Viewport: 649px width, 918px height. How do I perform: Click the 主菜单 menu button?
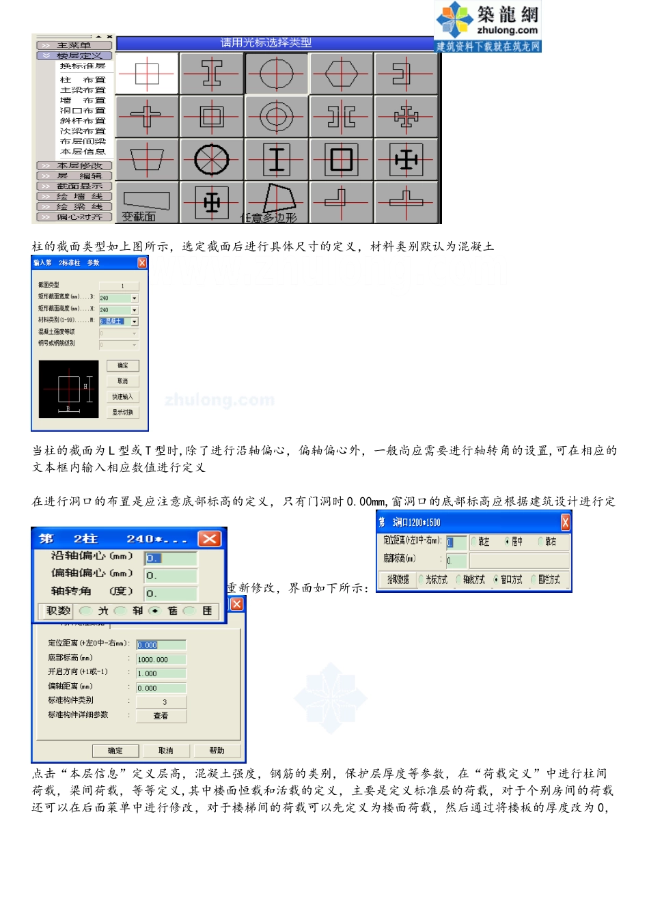pyautogui.click(x=74, y=45)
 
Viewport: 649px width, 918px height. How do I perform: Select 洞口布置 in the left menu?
pyautogui.click(x=83, y=111)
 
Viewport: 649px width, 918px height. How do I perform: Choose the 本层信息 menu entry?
pyautogui.click(x=83, y=152)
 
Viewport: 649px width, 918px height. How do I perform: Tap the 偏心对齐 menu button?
pyautogui.click(x=74, y=217)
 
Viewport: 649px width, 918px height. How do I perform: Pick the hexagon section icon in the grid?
pyautogui.click(x=341, y=73)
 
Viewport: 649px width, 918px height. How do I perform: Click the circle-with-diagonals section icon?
pyautogui.click(x=212, y=160)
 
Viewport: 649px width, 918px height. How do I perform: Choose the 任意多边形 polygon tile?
pyautogui.click(x=276, y=203)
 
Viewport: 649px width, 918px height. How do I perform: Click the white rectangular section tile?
pyautogui.click(x=147, y=73)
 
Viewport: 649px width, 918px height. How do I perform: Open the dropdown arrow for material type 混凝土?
pyautogui.click(x=135, y=322)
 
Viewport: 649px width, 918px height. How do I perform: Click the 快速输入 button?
pyautogui.click(x=123, y=397)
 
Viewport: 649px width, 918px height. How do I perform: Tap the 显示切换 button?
pyautogui.click(x=123, y=413)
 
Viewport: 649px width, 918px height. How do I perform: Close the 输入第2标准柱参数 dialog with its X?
pyautogui.click(x=142, y=263)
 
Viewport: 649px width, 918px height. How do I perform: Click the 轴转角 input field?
pyautogui.click(x=171, y=593)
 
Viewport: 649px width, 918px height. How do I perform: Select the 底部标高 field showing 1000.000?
pyautogui.click(x=161, y=660)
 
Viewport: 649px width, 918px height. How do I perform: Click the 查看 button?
pyautogui.click(x=161, y=716)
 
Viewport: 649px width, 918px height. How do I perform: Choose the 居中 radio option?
pyautogui.click(x=507, y=542)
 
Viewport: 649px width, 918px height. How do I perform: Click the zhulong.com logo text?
pyautogui.click(x=507, y=30)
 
